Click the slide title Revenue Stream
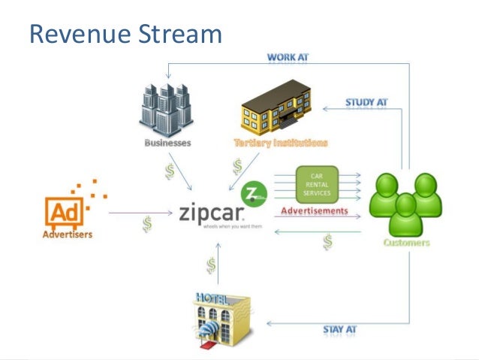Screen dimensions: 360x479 click(125, 34)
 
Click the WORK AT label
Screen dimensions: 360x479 click(288, 56)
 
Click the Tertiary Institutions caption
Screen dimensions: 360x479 click(281, 142)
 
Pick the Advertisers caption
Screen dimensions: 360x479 click(65, 234)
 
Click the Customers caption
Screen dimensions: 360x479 click(406, 243)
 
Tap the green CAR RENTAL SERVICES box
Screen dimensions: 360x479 click(317, 185)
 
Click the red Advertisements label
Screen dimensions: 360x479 click(315, 211)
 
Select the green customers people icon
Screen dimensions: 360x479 click(405, 204)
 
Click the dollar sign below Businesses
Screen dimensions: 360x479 click(170, 171)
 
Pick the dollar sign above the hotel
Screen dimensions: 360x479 click(212, 265)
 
